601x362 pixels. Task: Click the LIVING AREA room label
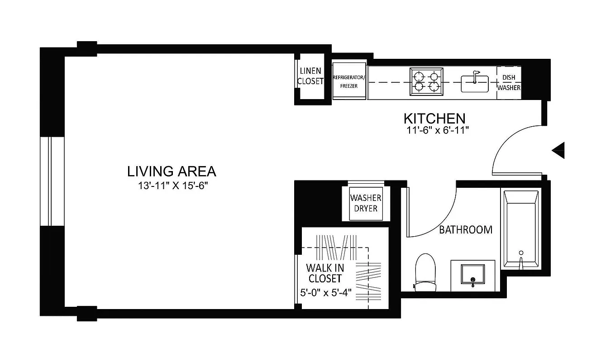(172, 171)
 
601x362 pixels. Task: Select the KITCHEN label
(434, 119)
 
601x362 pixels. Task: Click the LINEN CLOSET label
(310, 76)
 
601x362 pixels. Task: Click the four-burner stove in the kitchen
(426, 82)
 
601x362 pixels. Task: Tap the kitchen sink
(474, 82)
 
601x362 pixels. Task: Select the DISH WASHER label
(509, 82)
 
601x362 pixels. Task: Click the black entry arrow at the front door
(559, 150)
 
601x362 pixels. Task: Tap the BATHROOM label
(466, 230)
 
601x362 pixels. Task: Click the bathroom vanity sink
(472, 276)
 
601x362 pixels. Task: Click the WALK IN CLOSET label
(324, 273)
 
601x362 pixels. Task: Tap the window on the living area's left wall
(52, 181)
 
